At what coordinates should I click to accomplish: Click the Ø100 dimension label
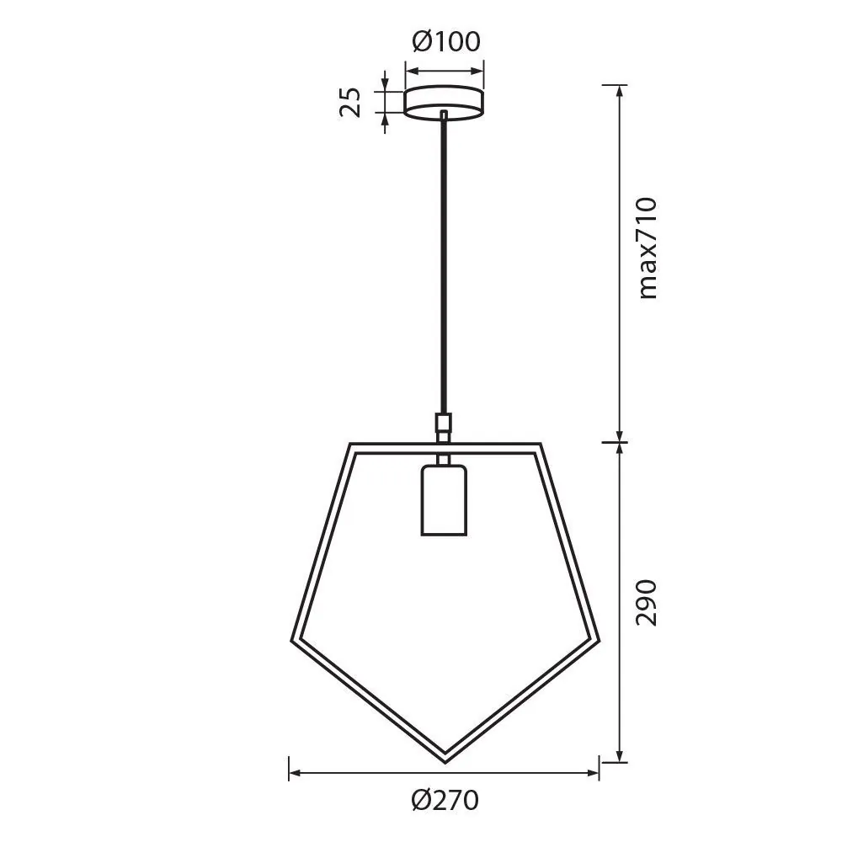coord(445,40)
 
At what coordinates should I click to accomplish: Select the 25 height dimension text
coord(352,102)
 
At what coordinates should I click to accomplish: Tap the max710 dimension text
coord(647,248)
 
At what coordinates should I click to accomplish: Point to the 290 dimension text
coord(647,602)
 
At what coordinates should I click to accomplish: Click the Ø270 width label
coord(445,798)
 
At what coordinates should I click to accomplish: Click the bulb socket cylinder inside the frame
coord(443,498)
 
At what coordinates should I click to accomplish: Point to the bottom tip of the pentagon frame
coord(445,749)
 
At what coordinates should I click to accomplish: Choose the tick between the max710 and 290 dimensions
coord(621,440)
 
